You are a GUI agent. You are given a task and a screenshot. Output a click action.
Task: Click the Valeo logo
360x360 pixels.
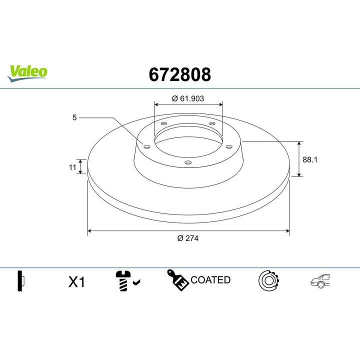click(28, 71)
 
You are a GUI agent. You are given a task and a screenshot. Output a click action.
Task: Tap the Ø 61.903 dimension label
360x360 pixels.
click(188, 98)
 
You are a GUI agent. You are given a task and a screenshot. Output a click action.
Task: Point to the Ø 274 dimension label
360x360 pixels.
click(188, 238)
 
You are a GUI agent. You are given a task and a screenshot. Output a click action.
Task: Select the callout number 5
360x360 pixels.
click(74, 118)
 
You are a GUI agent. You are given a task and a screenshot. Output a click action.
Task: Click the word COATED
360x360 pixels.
click(210, 280)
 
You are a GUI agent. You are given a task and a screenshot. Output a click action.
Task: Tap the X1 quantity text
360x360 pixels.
click(76, 282)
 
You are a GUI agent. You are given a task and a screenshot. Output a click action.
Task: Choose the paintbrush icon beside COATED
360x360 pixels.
click(177, 279)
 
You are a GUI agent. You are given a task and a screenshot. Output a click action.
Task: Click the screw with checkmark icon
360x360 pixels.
click(127, 281)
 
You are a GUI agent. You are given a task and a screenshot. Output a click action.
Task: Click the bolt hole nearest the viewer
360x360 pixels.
click(187, 162)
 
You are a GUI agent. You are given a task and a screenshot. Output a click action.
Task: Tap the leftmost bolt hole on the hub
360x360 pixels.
click(146, 146)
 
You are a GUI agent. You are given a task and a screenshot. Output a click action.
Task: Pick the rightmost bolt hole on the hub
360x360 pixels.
click(229, 146)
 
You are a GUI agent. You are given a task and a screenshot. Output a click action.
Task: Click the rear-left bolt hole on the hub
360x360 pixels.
click(163, 123)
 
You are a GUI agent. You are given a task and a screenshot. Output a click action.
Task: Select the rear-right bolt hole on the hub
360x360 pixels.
click(211, 123)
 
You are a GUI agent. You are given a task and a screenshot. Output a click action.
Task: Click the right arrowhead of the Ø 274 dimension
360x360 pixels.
click(287, 231)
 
